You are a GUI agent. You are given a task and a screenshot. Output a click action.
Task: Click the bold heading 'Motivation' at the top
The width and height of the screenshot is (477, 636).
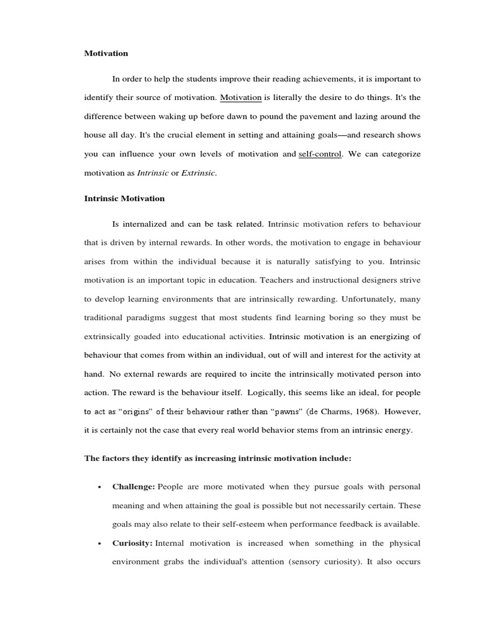coord(106,53)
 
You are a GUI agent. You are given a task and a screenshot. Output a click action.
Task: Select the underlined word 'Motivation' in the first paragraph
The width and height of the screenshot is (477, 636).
coord(241,98)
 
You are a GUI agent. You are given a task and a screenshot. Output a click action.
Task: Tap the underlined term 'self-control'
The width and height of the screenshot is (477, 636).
coord(320,154)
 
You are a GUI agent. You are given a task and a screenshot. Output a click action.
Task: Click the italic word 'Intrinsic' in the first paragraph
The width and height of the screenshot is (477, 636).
coord(153,173)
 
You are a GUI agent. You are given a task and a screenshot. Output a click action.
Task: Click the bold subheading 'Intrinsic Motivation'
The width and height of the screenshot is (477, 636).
coord(124,199)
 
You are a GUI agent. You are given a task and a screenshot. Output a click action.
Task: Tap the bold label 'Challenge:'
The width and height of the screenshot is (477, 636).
coord(133,486)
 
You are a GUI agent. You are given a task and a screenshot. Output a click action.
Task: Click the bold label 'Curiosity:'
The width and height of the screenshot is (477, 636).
coord(132,543)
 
